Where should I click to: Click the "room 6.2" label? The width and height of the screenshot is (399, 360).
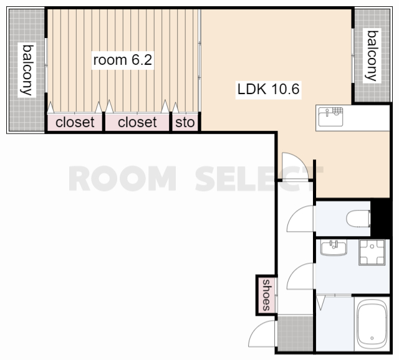(x=123, y=60)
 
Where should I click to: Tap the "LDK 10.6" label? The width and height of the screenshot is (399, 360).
(x=268, y=89)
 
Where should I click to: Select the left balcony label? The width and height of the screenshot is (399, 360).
(x=27, y=70)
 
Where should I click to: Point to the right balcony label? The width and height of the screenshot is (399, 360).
(x=372, y=55)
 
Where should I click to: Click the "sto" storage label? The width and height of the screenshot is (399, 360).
(x=185, y=123)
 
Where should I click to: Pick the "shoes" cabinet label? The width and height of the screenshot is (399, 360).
(x=266, y=295)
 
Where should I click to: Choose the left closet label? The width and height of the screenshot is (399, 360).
(x=75, y=122)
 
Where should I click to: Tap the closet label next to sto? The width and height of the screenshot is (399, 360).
(x=137, y=122)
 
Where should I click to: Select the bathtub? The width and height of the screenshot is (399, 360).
(x=372, y=324)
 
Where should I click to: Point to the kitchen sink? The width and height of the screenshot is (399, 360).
(x=330, y=116)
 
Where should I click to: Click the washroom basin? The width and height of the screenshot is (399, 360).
(x=334, y=247)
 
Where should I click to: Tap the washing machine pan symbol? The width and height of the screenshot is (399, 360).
(x=372, y=252)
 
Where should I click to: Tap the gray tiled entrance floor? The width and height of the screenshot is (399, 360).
(x=295, y=333)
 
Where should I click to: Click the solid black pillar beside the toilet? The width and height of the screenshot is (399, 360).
(x=380, y=219)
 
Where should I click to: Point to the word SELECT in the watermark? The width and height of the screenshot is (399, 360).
(x=259, y=179)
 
